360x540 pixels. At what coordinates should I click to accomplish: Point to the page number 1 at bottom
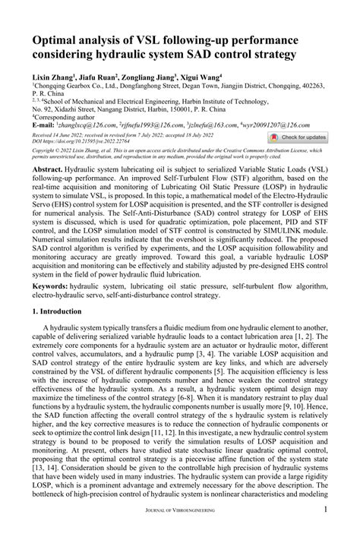point(346,529)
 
